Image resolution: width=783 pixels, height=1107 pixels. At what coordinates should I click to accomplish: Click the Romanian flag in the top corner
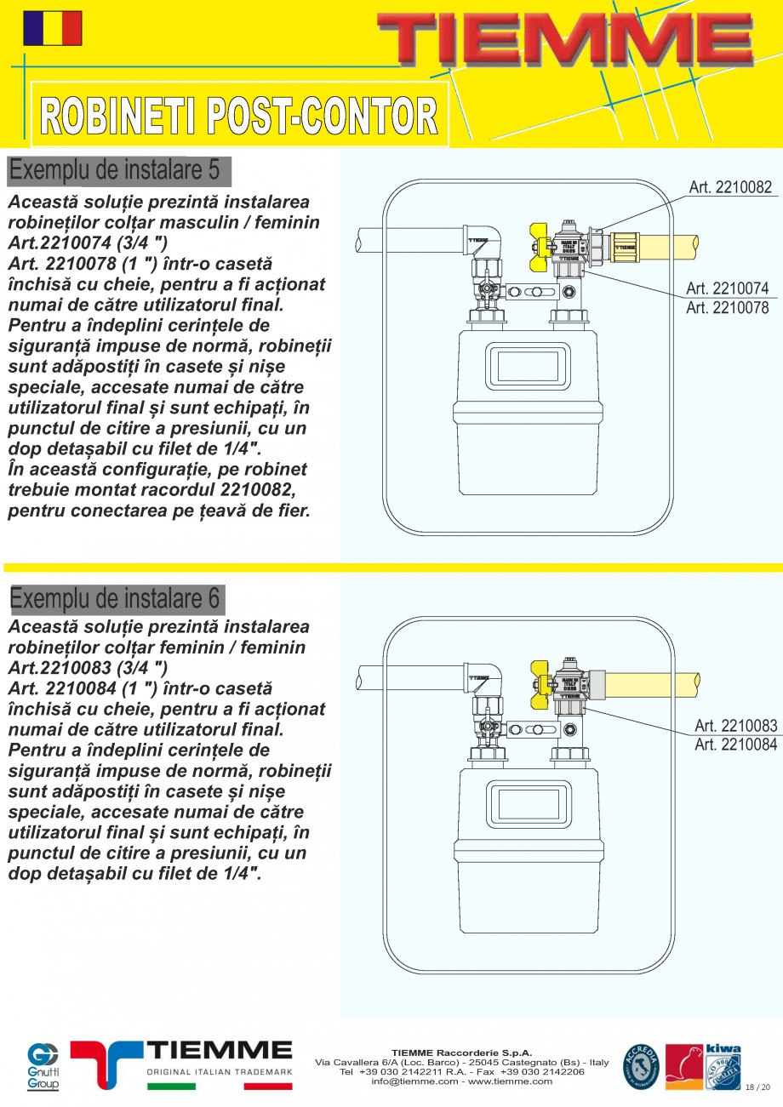53,28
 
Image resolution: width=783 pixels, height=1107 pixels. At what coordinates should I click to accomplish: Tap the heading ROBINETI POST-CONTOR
239,116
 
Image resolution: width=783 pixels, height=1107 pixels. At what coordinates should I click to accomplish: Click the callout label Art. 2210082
729,187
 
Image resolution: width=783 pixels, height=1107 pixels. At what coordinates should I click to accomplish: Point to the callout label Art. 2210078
727,308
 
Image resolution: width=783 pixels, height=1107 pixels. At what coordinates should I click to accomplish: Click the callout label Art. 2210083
735,726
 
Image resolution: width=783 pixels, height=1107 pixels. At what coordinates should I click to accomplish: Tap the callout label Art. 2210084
735,745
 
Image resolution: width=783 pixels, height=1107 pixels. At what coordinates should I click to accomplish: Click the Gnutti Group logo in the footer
43,1065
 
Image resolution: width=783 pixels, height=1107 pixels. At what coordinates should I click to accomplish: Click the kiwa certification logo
723,1066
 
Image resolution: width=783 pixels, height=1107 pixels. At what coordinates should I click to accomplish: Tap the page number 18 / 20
757,1087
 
